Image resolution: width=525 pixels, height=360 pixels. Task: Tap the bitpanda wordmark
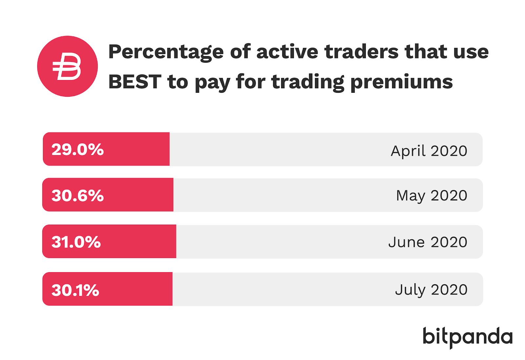tap(467, 337)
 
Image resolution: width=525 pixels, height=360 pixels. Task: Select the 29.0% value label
tap(77, 150)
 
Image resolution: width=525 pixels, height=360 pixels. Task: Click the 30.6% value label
tap(77, 195)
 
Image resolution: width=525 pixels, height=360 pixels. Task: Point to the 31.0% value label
tap(76, 242)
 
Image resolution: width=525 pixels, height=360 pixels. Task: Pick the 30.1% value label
tap(75, 290)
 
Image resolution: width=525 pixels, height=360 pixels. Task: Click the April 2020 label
tap(429, 151)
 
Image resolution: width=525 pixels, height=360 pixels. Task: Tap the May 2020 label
tap(431, 196)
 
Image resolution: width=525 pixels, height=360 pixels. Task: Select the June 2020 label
tap(428, 242)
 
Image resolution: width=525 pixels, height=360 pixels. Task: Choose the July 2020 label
tap(431, 290)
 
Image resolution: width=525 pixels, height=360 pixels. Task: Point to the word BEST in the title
tap(135, 82)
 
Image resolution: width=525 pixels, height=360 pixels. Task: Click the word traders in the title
tap(361, 52)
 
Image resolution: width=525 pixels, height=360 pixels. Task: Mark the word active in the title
tap(287, 52)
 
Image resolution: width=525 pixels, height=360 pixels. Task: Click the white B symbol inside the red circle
tap(67, 67)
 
